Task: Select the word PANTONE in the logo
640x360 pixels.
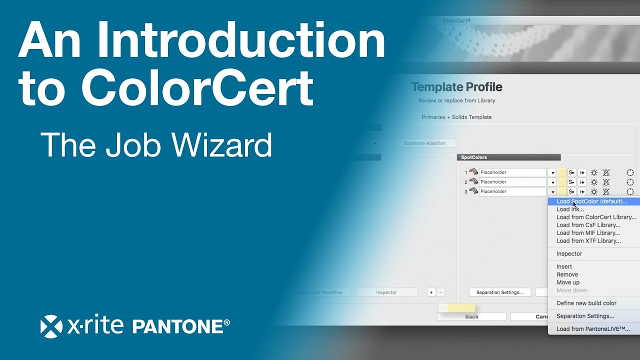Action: [177, 326]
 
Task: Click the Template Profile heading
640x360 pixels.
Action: [456, 87]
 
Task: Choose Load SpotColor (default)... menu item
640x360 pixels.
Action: [591, 201]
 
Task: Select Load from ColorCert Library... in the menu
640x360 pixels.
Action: [596, 217]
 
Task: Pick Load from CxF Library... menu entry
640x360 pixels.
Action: [588, 225]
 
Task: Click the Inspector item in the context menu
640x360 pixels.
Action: [569, 253]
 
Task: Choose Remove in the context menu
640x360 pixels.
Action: [567, 274]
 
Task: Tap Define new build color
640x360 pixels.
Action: [586, 303]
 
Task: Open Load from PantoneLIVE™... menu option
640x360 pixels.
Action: [593, 329]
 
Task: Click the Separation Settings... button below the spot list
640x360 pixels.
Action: [499, 292]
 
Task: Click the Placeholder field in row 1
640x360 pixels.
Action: [512, 172]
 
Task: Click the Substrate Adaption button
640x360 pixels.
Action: [424, 143]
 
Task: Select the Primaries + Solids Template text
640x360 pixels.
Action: [456, 117]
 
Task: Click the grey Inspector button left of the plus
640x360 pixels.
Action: [386, 292]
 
